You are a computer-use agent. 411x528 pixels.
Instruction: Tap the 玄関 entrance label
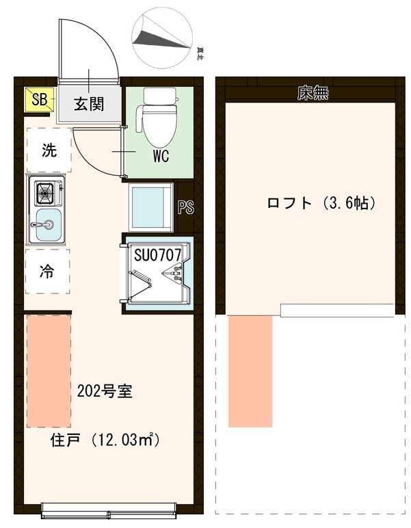88,104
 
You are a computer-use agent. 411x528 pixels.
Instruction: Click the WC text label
161,156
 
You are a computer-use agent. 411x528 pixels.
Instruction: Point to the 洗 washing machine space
49,150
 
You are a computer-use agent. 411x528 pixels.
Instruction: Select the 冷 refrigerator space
48,272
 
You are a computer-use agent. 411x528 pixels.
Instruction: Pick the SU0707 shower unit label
157,255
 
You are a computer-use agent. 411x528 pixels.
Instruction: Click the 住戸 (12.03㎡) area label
105,440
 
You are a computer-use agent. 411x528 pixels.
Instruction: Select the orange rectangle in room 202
49,370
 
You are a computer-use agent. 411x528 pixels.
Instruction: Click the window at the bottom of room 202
109,509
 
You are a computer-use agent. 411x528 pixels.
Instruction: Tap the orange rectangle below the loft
250,371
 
